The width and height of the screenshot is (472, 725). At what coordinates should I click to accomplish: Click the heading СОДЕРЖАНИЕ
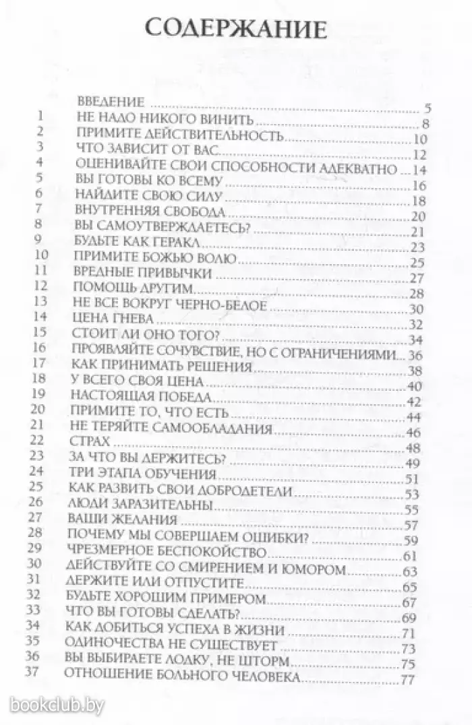[236, 31]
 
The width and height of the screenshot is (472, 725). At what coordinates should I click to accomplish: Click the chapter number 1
[40, 116]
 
